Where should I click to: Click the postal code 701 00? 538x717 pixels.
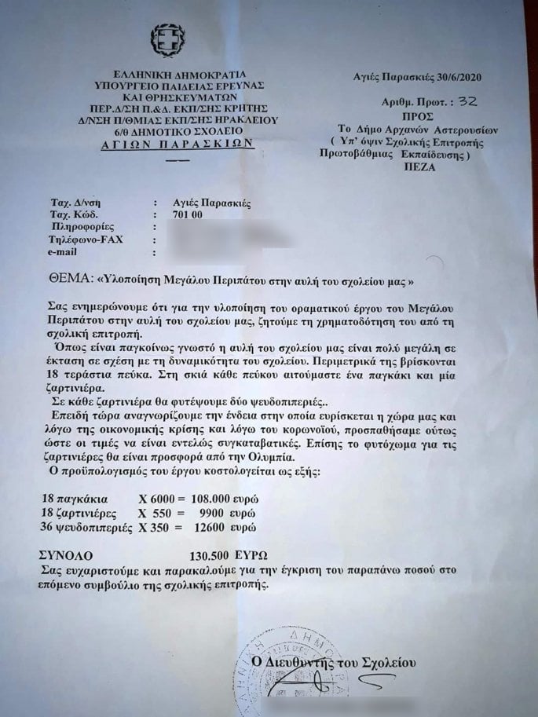pos(186,214)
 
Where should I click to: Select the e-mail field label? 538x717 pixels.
pos(66,251)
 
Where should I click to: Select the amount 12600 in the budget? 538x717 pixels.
pos(220,525)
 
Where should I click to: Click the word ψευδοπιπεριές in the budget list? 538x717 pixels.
pos(90,525)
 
